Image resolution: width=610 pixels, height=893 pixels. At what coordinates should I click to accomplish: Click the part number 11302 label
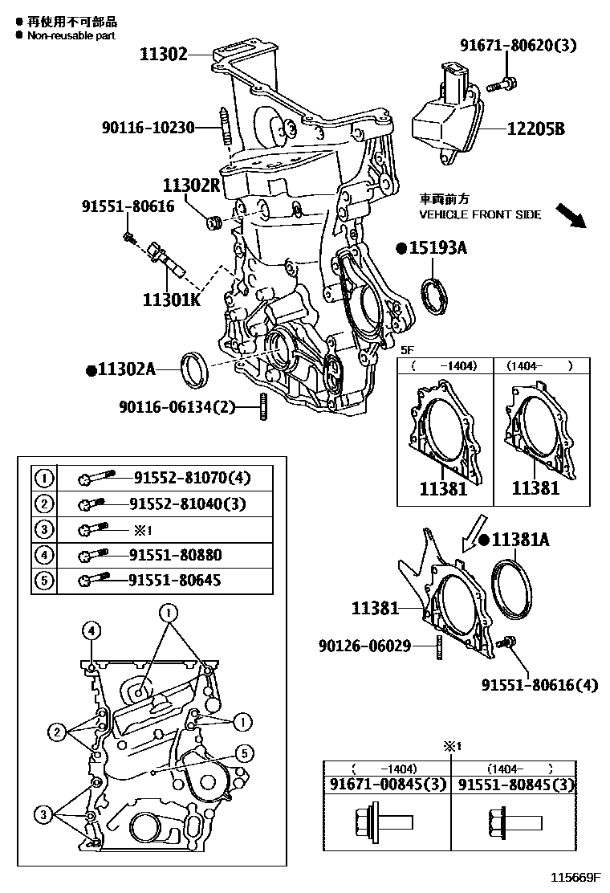coord(163,55)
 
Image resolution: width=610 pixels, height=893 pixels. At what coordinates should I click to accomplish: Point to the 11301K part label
coord(171,300)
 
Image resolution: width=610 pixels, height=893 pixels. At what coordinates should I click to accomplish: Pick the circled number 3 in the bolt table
coord(44,529)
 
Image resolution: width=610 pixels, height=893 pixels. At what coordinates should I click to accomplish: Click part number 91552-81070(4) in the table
coord(190,479)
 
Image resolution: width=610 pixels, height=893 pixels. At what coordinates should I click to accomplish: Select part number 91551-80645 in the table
coord(175,580)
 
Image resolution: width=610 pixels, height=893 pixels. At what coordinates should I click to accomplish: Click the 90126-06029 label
coord(363,645)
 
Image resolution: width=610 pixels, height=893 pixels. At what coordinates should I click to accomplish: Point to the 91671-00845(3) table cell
coord(388,784)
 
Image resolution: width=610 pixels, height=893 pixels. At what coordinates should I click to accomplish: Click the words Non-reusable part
coord(71,35)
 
